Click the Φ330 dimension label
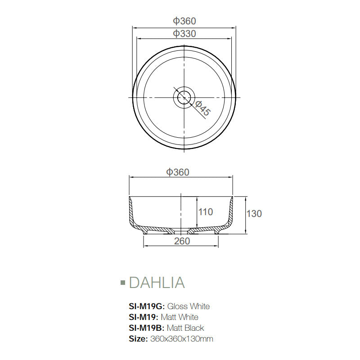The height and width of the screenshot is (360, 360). click(x=184, y=34)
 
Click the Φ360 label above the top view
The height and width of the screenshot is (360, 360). click(x=184, y=21)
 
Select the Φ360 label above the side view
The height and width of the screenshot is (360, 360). click(x=178, y=172)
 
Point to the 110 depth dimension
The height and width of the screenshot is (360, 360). click(x=205, y=211)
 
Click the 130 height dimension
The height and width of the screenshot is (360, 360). click(x=254, y=213)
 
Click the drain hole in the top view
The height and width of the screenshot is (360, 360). click(x=184, y=97)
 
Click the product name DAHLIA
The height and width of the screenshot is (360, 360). click(x=157, y=283)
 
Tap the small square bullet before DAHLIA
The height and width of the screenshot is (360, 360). click(x=122, y=283)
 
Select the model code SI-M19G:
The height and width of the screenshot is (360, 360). click(x=146, y=306)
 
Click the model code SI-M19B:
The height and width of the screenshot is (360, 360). click(x=146, y=328)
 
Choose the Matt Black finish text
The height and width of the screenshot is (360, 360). click(x=185, y=328)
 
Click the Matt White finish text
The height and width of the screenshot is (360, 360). click(x=182, y=317)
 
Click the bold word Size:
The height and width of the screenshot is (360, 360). click(x=138, y=339)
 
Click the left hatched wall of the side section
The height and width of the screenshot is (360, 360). click(x=132, y=214)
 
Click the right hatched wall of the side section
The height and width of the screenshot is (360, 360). click(x=231, y=214)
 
